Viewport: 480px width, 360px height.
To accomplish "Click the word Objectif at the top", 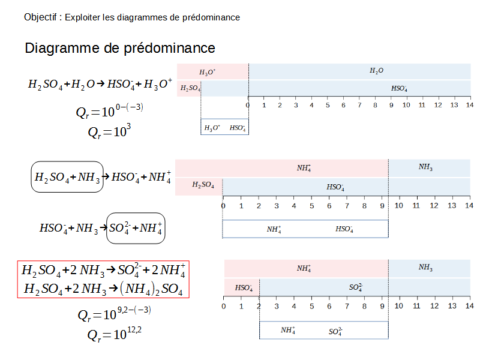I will (x=40, y=17).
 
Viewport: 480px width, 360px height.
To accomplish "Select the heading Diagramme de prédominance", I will (x=120, y=48).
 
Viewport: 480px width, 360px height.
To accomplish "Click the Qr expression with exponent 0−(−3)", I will (x=109, y=111).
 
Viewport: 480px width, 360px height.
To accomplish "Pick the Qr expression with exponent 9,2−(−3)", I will (x=114, y=313).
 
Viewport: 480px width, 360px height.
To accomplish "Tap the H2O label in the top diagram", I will (x=376, y=71).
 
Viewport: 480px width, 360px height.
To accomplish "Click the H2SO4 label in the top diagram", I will (x=190, y=89).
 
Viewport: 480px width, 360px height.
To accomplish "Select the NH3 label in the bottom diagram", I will (x=425, y=268).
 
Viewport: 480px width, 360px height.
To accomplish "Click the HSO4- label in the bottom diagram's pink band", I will (x=244, y=288).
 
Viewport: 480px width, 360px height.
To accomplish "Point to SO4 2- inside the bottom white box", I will (x=335, y=331).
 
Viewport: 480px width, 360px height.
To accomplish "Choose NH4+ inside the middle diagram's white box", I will (x=274, y=229).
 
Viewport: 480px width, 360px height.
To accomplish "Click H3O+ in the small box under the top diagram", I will (x=212, y=127).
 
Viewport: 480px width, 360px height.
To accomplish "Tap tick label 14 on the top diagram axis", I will (x=470, y=105).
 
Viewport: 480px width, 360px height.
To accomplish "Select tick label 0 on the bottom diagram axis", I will (x=224, y=307).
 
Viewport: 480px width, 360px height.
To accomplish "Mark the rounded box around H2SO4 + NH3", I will (x=67, y=176).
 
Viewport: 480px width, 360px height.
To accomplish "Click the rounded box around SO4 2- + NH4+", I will (x=136, y=228).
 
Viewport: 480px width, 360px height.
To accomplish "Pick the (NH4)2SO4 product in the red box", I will (x=151, y=289).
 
